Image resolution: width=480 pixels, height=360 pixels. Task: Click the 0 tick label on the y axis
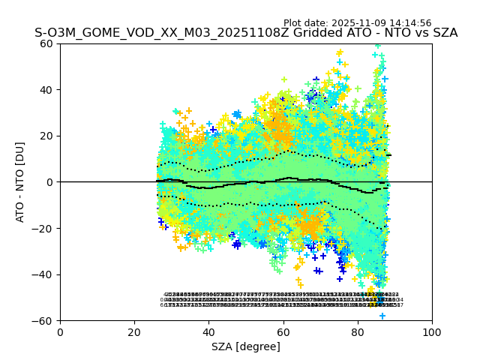(x=51, y=182)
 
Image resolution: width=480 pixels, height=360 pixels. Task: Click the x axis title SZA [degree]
(x=246, y=346)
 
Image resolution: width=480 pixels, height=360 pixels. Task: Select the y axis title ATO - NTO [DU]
(x=20, y=182)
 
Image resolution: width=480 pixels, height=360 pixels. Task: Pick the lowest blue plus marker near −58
(x=382, y=316)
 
